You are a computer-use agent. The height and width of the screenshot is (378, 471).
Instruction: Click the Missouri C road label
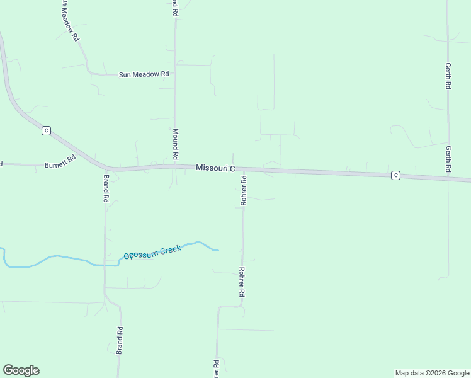[x=215, y=168]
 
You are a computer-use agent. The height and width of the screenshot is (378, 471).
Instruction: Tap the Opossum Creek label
[x=152, y=252]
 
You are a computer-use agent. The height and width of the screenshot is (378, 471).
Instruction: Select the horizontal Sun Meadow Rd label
[x=144, y=74]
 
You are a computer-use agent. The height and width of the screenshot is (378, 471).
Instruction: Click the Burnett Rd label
[x=60, y=162]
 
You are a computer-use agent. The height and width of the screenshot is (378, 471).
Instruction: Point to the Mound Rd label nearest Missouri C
[x=176, y=144]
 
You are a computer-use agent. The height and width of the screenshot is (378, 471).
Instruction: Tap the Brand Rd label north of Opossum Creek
[x=106, y=188]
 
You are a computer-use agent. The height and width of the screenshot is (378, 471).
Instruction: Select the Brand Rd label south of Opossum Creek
[x=119, y=340]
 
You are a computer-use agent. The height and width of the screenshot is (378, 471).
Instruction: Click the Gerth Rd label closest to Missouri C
[x=448, y=159]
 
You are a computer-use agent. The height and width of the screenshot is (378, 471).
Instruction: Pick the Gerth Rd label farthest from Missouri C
[x=448, y=75]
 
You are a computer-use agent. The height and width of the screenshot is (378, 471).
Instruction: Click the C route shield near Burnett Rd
[x=46, y=130]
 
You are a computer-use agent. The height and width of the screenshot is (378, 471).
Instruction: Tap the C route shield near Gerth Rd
[x=395, y=175]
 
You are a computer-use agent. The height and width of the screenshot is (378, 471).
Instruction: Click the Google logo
[x=21, y=370]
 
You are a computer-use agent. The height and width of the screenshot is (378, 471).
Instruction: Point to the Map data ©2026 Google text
[x=432, y=373]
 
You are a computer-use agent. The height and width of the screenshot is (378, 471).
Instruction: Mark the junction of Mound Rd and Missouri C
[x=175, y=167]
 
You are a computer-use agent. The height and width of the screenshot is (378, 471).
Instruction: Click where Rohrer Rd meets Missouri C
[x=243, y=169]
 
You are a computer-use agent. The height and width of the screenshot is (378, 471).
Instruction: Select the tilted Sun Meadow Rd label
[x=71, y=21]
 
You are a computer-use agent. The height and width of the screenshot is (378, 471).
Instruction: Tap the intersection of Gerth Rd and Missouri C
[x=448, y=178]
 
